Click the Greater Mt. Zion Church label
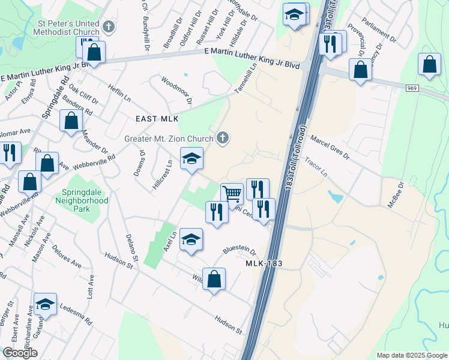[x=169, y=139]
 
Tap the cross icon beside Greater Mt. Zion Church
[x=222, y=139]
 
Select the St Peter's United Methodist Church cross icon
[x=108, y=26]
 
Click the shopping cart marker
[x=232, y=194]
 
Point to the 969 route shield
[x=411, y=88]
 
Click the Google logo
[x=20, y=352]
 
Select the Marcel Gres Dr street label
[x=330, y=147]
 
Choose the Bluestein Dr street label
[x=240, y=250]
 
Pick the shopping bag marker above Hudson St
[x=214, y=280]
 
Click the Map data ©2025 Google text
[x=412, y=355]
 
